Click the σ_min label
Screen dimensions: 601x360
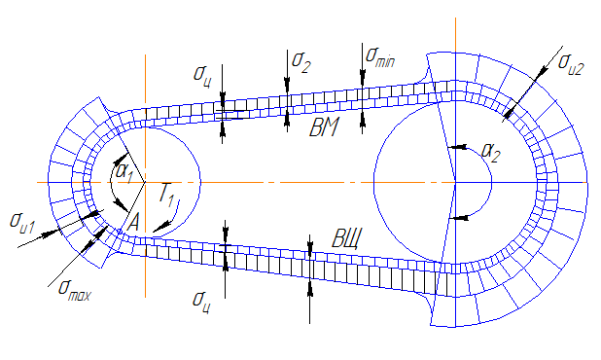(380, 57)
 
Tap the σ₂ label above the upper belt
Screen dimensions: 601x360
(300, 62)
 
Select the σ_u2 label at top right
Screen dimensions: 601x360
(571, 63)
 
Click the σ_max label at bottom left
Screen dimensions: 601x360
(74, 291)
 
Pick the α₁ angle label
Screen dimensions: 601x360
(124, 172)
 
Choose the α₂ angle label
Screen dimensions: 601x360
(491, 152)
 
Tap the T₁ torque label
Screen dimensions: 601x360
(167, 196)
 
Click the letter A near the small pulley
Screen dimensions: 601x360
(132, 223)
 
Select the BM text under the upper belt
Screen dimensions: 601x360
(324, 127)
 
